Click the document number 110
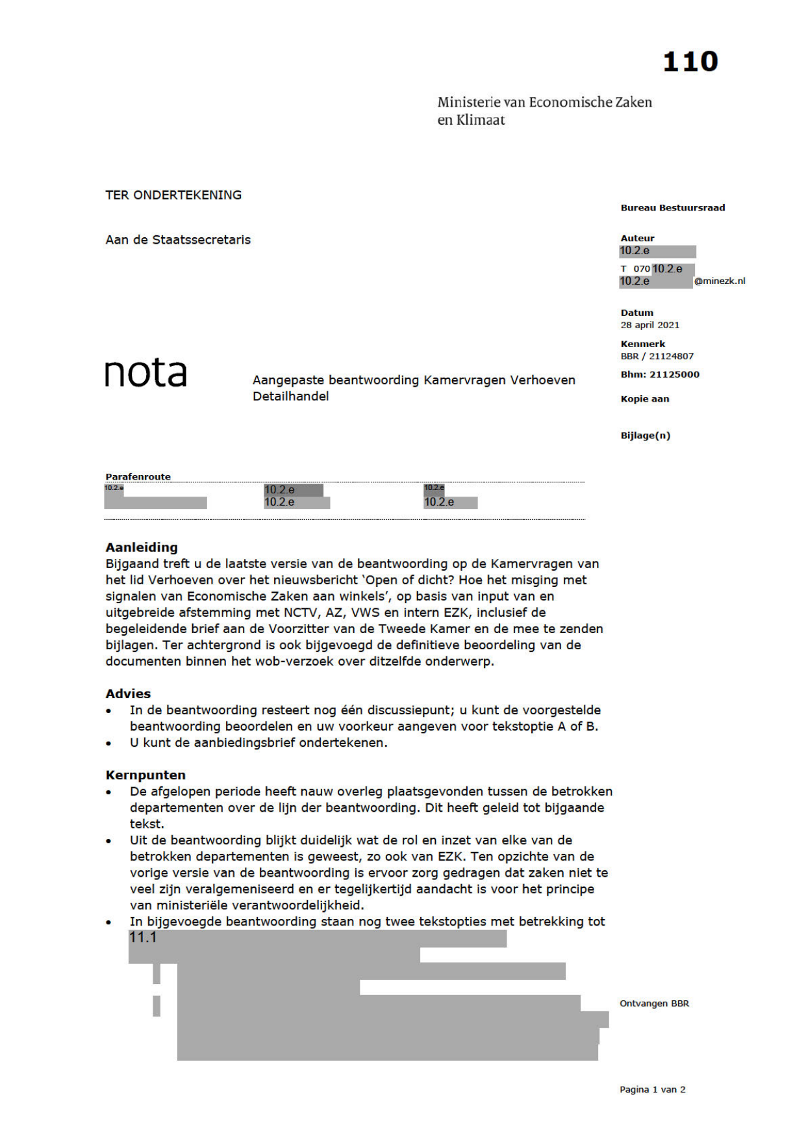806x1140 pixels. click(x=690, y=62)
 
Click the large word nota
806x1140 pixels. click(x=145, y=373)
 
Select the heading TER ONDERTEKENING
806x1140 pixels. click(x=173, y=195)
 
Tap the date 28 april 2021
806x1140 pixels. click(x=649, y=325)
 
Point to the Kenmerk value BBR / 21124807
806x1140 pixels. click(x=657, y=356)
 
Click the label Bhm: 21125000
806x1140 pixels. click(x=660, y=374)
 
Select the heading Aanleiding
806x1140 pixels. click(x=142, y=547)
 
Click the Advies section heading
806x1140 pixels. click(x=128, y=693)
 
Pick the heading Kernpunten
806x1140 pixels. click(x=145, y=775)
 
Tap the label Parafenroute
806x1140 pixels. click(x=138, y=476)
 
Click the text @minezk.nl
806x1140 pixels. click(x=720, y=281)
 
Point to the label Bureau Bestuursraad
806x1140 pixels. click(x=672, y=208)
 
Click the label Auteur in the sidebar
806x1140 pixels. click(x=637, y=238)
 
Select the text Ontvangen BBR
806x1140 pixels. click(x=654, y=1004)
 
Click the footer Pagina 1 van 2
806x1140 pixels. click(x=652, y=1089)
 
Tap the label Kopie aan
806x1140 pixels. click(x=644, y=399)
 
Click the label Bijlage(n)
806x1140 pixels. click(x=645, y=435)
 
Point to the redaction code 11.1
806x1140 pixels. click(x=143, y=937)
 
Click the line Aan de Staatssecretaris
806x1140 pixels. click(x=178, y=240)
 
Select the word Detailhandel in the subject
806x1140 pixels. click(x=290, y=396)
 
